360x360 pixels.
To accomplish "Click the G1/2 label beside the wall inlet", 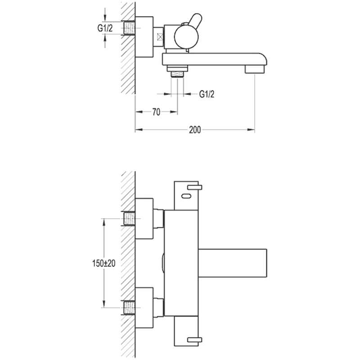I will pyautogui.click(x=105, y=28).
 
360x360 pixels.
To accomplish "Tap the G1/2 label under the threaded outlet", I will pyautogui.click(x=207, y=94).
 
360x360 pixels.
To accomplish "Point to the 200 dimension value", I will pyautogui.click(x=194, y=130).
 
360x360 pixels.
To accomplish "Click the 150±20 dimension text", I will pyautogui.click(x=101, y=263).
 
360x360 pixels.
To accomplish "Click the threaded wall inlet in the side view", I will pyautogui.click(x=129, y=29).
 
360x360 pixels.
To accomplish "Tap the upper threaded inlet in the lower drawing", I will pyautogui.click(x=130, y=219).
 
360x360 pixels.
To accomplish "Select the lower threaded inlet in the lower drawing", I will pyautogui.click(x=130, y=308).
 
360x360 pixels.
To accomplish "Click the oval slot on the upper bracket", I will pyautogui.click(x=186, y=196).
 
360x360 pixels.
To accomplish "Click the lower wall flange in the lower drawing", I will pyautogui.click(x=144, y=307).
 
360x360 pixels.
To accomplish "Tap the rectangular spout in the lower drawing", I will pyautogui.click(x=234, y=263).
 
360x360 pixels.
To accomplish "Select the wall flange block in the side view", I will pyautogui.click(x=144, y=37).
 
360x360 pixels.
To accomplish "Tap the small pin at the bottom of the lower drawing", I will pyautogui.click(x=194, y=339).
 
